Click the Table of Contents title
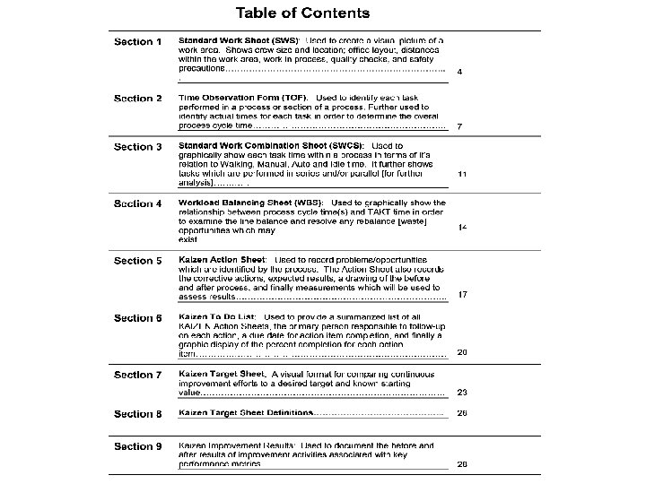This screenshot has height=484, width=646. click(x=302, y=13)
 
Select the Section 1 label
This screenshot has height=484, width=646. click(x=138, y=42)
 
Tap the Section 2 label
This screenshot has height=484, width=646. click(x=138, y=99)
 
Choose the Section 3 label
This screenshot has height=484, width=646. click(x=138, y=147)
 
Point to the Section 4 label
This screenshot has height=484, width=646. click(x=138, y=203)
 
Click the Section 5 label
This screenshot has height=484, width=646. click(x=138, y=261)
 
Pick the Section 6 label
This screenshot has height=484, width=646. click(x=138, y=318)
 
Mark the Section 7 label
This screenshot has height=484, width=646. click(x=138, y=375)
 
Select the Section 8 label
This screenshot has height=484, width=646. click(x=138, y=414)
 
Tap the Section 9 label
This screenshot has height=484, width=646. click(x=138, y=446)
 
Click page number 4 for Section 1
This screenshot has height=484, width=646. click(x=460, y=71)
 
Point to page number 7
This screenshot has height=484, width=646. click(x=460, y=127)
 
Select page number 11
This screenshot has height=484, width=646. click(x=462, y=174)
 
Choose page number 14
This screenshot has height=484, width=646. click(x=462, y=228)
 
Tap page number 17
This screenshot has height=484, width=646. click(x=462, y=295)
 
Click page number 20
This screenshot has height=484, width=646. click(x=462, y=352)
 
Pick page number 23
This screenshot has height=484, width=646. click(x=462, y=392)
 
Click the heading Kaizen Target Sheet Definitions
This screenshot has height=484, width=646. click(x=246, y=413)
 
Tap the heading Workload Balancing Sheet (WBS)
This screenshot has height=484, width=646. click(x=251, y=203)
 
